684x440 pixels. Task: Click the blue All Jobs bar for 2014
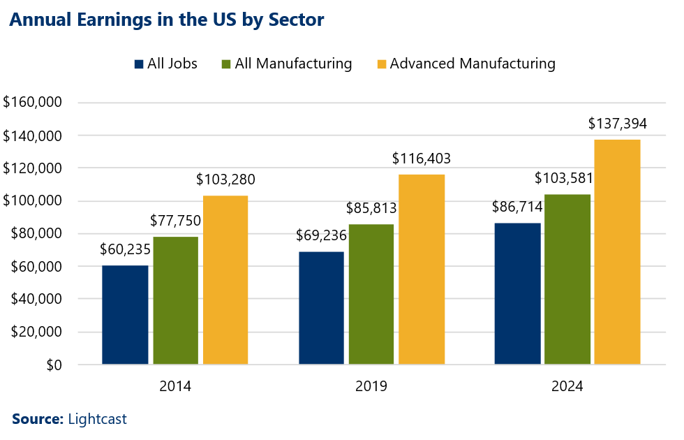click(125, 314)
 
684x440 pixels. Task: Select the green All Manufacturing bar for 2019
click(371, 294)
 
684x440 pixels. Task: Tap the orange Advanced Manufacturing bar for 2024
click(617, 251)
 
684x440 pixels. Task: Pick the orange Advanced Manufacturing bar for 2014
click(225, 279)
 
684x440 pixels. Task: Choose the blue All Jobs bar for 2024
click(518, 293)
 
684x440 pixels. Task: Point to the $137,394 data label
click(617, 124)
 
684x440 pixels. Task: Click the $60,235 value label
click(125, 249)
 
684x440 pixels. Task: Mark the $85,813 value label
click(372, 208)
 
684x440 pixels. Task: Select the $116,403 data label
click(422, 159)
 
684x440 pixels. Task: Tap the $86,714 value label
click(518, 207)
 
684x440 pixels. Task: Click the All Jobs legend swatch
click(139, 64)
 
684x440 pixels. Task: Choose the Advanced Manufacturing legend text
click(473, 64)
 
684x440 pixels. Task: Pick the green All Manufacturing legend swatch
click(226, 64)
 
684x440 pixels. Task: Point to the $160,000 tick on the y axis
click(33, 103)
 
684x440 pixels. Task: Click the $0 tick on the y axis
click(53, 365)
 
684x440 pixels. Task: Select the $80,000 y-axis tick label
click(37, 233)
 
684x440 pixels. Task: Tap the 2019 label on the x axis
click(371, 386)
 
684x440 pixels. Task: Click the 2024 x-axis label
click(567, 386)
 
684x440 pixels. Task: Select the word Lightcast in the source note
click(97, 419)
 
